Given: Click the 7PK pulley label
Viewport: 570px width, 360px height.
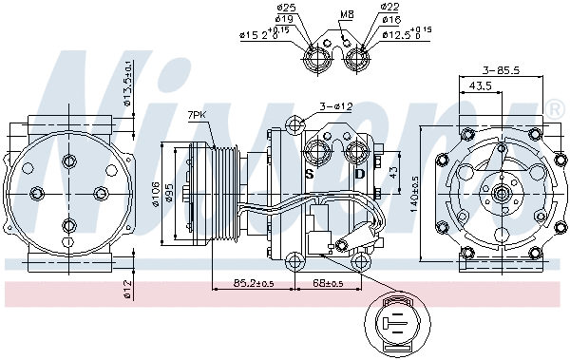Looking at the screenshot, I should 198,114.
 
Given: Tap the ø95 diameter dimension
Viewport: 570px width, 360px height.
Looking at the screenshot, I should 169,193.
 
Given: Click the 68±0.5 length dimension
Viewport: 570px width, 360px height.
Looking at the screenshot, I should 329,283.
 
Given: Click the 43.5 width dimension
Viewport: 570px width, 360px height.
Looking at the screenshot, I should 481,85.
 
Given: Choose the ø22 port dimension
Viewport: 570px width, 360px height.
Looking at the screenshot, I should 389,8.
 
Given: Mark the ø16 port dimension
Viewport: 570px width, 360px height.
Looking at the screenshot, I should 389,19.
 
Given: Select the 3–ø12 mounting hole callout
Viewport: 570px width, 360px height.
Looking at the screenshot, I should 335,106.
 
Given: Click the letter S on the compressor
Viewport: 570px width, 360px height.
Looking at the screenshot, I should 310,174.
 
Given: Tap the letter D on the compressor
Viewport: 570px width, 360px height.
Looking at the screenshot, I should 359,174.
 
